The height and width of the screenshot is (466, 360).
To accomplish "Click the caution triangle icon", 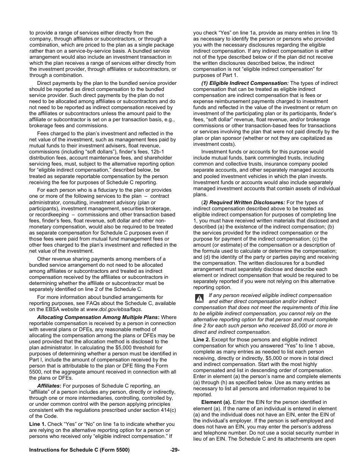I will point(199,299).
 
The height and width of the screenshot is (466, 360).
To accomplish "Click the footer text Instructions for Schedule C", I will point(79,450).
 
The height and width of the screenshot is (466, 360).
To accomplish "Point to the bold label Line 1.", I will point(38,424).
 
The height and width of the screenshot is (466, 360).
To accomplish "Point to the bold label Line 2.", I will point(202,339).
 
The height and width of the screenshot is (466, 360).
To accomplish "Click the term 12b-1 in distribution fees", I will point(165,152).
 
